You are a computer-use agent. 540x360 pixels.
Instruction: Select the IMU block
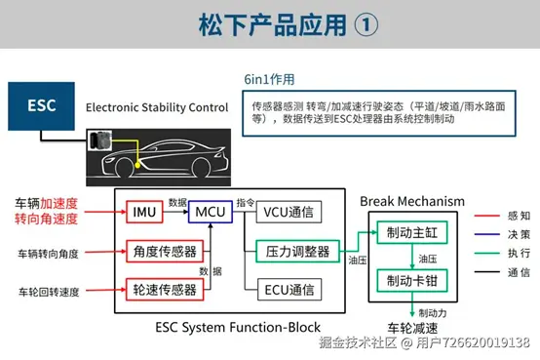(145, 210)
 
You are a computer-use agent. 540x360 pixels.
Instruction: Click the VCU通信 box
(289, 210)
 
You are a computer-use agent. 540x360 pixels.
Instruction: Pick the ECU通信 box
(289, 289)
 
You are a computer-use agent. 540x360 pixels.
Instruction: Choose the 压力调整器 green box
(296, 250)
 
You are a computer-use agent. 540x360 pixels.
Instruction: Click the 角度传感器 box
(164, 252)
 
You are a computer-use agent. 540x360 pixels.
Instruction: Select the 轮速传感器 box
(164, 289)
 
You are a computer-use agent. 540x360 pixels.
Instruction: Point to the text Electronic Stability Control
(156, 106)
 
